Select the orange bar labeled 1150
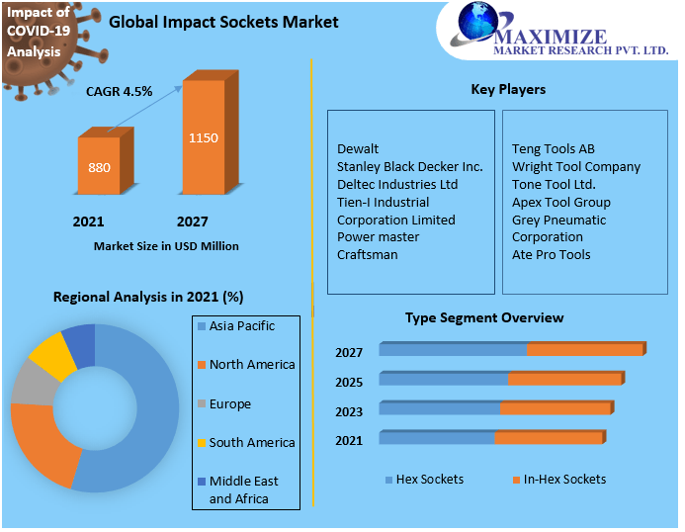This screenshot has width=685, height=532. coord(204,138)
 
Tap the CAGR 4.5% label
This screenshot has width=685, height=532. coord(119,91)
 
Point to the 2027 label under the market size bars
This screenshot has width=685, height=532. coord(193,222)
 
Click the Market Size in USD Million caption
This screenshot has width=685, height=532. coord(166,245)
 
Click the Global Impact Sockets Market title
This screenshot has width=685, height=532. coord(223,22)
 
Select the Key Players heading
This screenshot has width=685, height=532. coord(508,89)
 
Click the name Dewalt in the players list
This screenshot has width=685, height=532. coord(358,149)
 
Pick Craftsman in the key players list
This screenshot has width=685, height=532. coord(367,254)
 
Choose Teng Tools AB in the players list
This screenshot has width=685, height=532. coord(553,149)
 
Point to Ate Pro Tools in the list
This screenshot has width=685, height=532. coord(551,254)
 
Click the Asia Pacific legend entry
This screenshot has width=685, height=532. coord(241,326)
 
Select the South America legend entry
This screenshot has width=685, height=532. coord(251,442)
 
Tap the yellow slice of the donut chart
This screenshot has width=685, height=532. coord(51,357)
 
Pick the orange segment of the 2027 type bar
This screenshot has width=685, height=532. coord(585,350)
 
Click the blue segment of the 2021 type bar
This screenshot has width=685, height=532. coord(436,438)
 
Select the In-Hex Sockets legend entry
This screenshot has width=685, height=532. coord(563,480)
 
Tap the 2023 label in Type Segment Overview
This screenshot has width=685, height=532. coord(349,411)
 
